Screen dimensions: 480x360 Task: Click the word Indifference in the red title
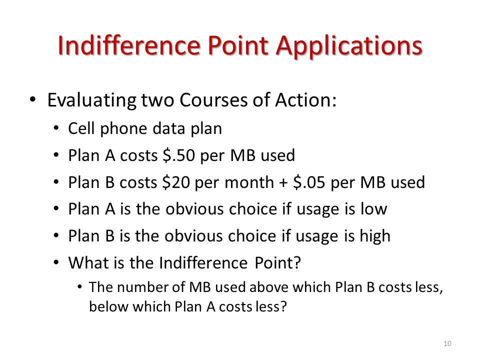click(x=129, y=45)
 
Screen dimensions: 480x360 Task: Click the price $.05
click(x=309, y=182)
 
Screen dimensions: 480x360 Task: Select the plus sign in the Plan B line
click(x=283, y=183)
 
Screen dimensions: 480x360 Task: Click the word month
click(x=249, y=182)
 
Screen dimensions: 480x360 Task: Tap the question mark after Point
click(x=297, y=262)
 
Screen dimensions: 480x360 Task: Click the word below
click(x=108, y=306)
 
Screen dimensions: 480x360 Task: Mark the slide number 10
click(x=447, y=343)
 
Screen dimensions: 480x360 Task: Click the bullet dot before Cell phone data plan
click(x=55, y=128)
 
